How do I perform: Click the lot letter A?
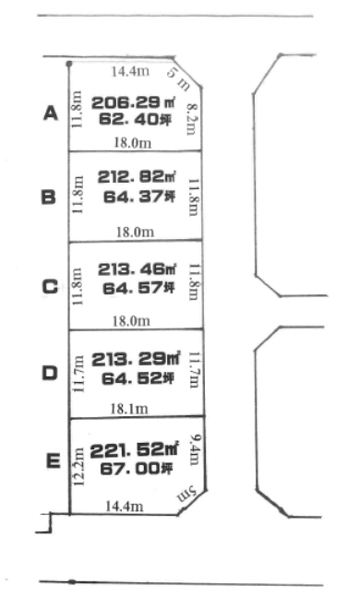click(51, 113)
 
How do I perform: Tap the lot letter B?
click(49, 197)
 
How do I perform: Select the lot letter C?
click(50, 287)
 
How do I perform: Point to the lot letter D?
click(49, 374)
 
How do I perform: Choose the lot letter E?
click(54, 461)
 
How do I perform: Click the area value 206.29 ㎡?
click(133, 102)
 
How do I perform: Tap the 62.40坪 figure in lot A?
click(135, 119)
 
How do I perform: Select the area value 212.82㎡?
click(137, 177)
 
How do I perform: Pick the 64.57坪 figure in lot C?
click(138, 288)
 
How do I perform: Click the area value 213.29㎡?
click(136, 359)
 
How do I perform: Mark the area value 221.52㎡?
click(135, 450)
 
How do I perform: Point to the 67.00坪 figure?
click(137, 469)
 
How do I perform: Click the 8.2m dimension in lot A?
click(191, 119)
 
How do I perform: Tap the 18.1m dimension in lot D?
click(129, 409)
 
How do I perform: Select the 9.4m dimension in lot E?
click(195, 449)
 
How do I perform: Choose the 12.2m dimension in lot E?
click(78, 467)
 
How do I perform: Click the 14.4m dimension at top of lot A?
click(130, 71)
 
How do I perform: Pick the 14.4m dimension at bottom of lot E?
click(125, 506)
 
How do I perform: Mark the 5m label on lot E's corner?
click(186, 494)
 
